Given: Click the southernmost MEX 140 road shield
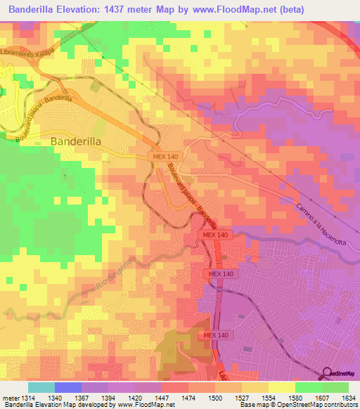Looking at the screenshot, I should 217,336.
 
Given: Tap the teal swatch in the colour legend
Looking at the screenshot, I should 41,387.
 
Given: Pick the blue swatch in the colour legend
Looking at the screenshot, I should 68,387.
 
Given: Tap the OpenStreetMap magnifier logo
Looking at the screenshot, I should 328,373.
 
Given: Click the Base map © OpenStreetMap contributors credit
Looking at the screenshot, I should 297,405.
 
